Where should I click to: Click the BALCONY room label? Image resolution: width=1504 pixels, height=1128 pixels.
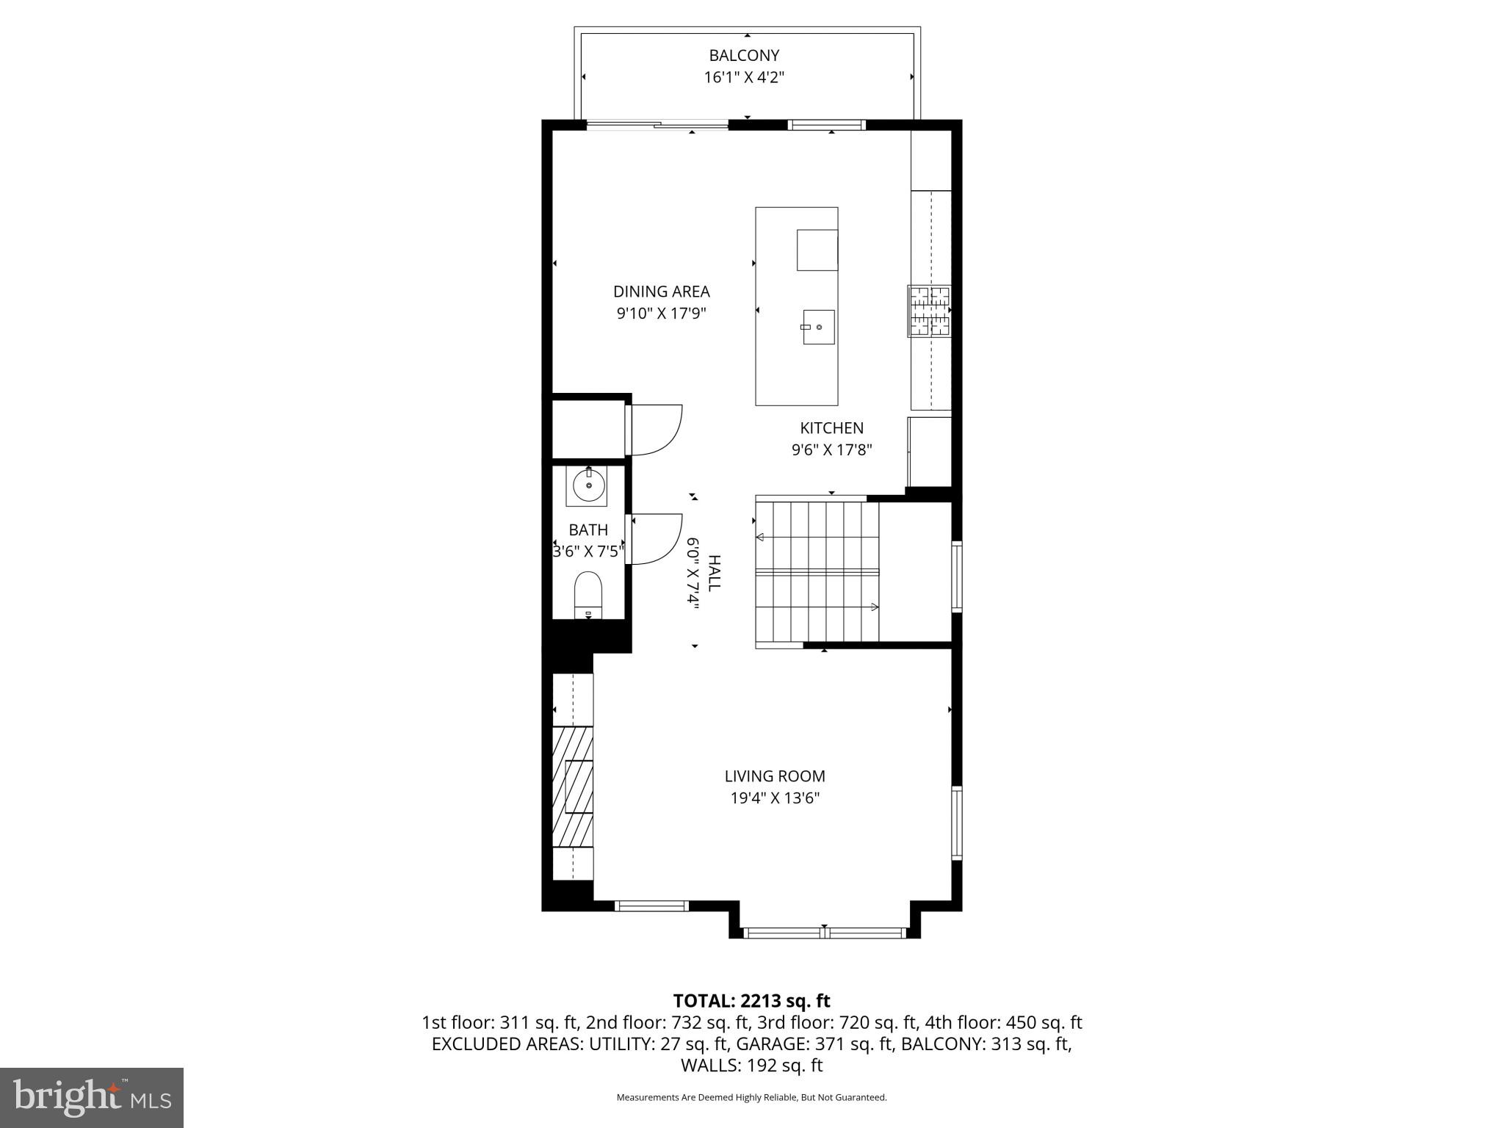(x=744, y=55)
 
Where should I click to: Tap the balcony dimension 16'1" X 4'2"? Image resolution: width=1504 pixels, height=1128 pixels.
(x=744, y=77)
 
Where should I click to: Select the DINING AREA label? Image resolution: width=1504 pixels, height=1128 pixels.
(x=661, y=292)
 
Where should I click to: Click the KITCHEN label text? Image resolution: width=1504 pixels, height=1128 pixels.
(x=831, y=428)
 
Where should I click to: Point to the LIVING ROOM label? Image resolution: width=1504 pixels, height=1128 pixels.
(x=775, y=776)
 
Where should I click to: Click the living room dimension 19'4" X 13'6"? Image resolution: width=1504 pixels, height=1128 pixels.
(x=775, y=798)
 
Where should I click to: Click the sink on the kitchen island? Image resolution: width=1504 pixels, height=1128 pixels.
(x=818, y=327)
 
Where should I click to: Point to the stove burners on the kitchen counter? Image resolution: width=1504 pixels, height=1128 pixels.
(x=930, y=311)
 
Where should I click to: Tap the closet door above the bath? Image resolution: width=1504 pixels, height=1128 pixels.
(x=656, y=430)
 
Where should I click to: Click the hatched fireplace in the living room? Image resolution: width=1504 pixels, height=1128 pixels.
(x=572, y=786)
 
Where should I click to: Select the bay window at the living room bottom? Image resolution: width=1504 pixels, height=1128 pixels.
(x=824, y=933)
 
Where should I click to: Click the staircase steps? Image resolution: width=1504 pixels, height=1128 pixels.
(x=817, y=573)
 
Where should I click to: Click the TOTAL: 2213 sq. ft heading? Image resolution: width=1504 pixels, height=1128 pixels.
(x=751, y=1001)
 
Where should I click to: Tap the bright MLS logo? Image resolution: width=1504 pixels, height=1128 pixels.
(x=91, y=1097)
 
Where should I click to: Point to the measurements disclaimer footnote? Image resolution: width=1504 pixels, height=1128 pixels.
(x=751, y=1097)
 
